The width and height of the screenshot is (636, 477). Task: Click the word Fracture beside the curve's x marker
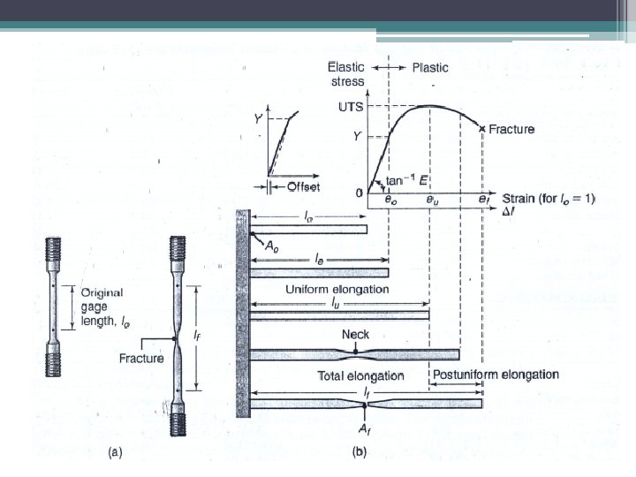click(512, 129)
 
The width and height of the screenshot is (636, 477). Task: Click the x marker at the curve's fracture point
click(482, 129)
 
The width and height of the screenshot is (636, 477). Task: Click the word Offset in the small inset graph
click(303, 186)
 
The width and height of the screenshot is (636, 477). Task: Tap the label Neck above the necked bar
click(354, 335)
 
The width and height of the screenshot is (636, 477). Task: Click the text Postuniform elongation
click(496, 375)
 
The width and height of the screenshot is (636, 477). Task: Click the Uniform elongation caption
click(337, 289)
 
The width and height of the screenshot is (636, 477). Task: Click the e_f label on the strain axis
click(483, 201)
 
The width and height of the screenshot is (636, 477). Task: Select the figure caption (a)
click(115, 451)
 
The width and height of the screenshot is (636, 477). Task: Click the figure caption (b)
click(360, 451)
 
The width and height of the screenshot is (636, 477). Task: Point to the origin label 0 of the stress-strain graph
click(359, 193)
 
